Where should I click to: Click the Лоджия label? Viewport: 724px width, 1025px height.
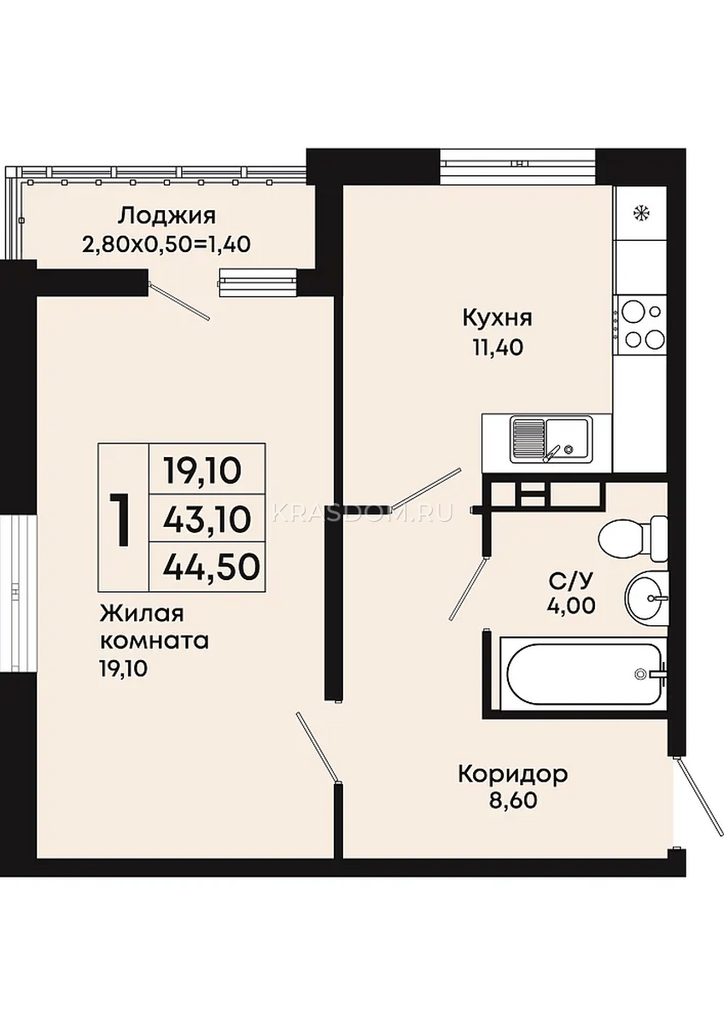(x=166, y=216)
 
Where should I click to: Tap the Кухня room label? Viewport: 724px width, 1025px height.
(x=497, y=318)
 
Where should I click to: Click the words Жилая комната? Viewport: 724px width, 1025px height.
(x=155, y=627)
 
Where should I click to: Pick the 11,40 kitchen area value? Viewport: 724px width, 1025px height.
(x=497, y=348)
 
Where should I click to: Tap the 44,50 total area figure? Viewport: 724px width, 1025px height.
(x=209, y=567)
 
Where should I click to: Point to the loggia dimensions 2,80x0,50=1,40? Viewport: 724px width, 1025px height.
(x=166, y=244)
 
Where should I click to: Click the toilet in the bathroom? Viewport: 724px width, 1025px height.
(x=633, y=539)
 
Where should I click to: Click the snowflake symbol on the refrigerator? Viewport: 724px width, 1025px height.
(x=641, y=213)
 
